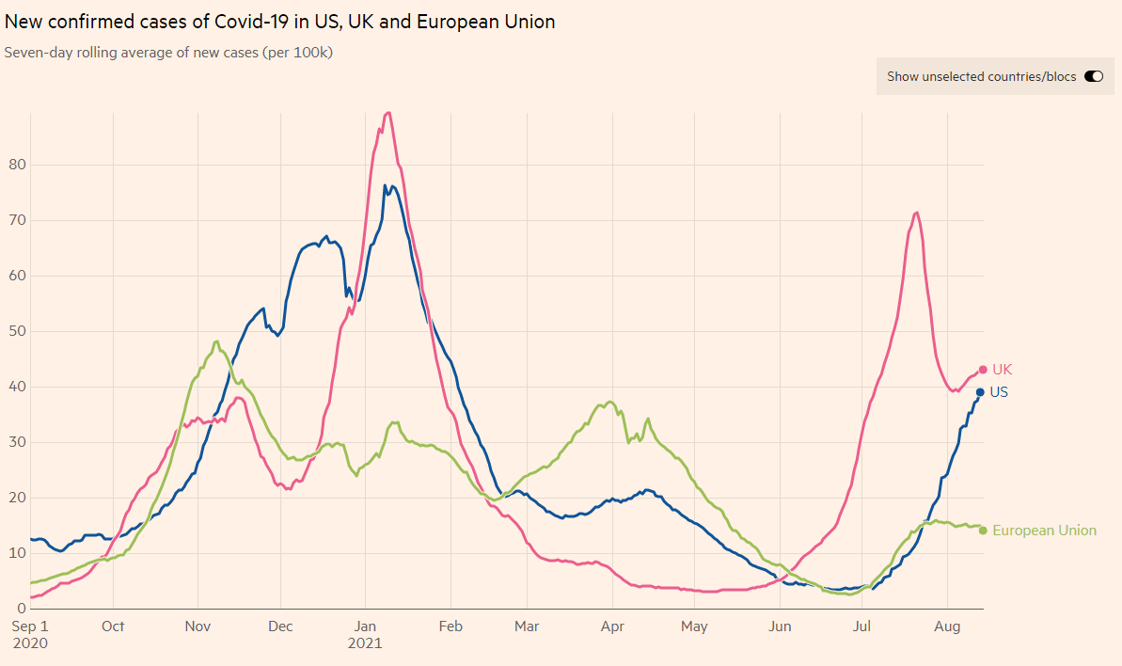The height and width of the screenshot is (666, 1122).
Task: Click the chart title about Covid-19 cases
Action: [279, 22]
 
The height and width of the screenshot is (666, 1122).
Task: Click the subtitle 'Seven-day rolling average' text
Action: [168, 53]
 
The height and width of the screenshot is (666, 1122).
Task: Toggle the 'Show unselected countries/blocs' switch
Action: [1093, 76]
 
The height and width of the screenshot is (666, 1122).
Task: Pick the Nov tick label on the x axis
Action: [198, 626]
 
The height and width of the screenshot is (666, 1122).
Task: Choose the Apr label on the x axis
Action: [613, 626]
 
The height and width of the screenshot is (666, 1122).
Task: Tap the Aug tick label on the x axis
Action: [947, 626]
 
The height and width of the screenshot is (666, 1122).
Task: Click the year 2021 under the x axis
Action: [365, 643]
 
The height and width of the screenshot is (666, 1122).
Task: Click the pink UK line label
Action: [1002, 370]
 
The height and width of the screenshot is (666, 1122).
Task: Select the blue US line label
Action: [999, 392]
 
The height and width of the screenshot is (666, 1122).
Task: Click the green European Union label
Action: [1044, 531]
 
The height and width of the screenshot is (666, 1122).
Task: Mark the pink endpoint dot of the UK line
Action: [983, 370]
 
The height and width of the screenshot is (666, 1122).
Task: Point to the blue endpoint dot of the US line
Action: [980, 392]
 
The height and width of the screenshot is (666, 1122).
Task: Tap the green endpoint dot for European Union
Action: [983, 531]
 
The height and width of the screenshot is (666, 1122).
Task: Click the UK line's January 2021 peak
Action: [387, 113]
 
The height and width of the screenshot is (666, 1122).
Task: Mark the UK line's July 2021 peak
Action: [916, 213]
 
